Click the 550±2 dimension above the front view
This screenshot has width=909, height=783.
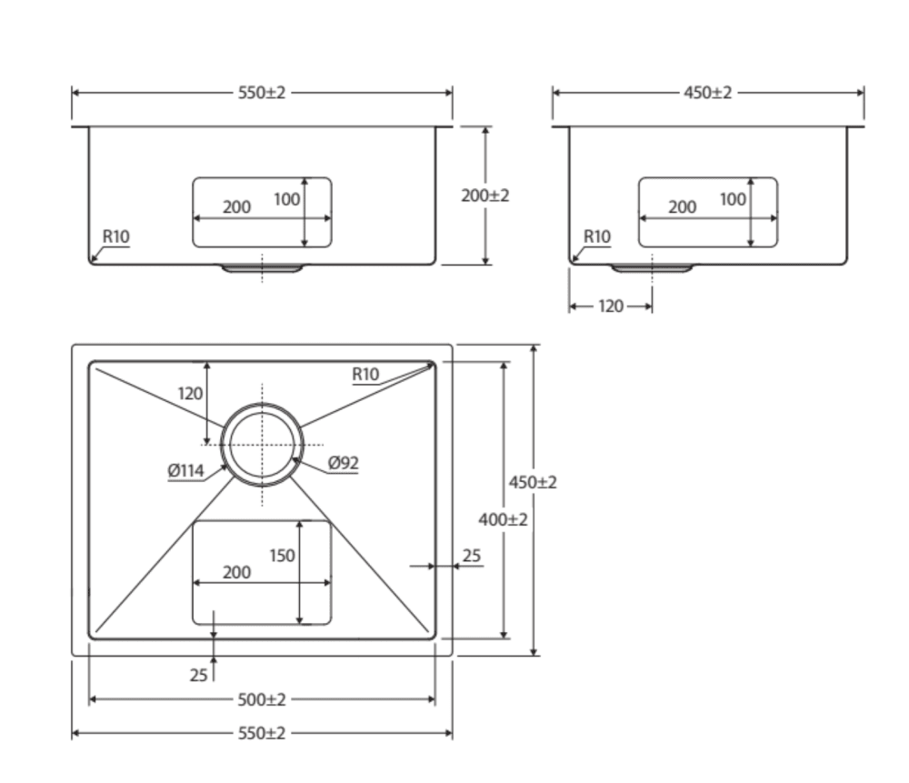pos(262,93)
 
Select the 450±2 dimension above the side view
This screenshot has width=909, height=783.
pos(708,93)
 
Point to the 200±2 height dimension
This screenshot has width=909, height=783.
pos(485,196)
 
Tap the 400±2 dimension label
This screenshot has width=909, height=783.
pos(503,519)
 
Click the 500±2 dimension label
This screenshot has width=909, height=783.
pos(262,699)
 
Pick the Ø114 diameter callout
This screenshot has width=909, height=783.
pos(185,471)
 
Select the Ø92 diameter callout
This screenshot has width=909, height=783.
pos(343,463)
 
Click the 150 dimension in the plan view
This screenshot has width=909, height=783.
pos(282,555)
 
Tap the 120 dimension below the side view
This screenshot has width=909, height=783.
pos(611,306)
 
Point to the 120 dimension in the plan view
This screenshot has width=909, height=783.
pos(190,394)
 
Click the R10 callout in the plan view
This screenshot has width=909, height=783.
pos(365,374)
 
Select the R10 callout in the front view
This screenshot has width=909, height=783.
pos(115,236)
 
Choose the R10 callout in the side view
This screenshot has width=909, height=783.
pos(597,236)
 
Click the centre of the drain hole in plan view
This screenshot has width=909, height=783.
pos(262,444)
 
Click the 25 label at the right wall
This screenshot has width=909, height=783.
pos(472,555)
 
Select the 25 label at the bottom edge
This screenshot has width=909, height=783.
pos(198,676)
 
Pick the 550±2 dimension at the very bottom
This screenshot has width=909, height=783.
pos(262,733)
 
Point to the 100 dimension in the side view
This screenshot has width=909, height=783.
pos(733,199)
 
